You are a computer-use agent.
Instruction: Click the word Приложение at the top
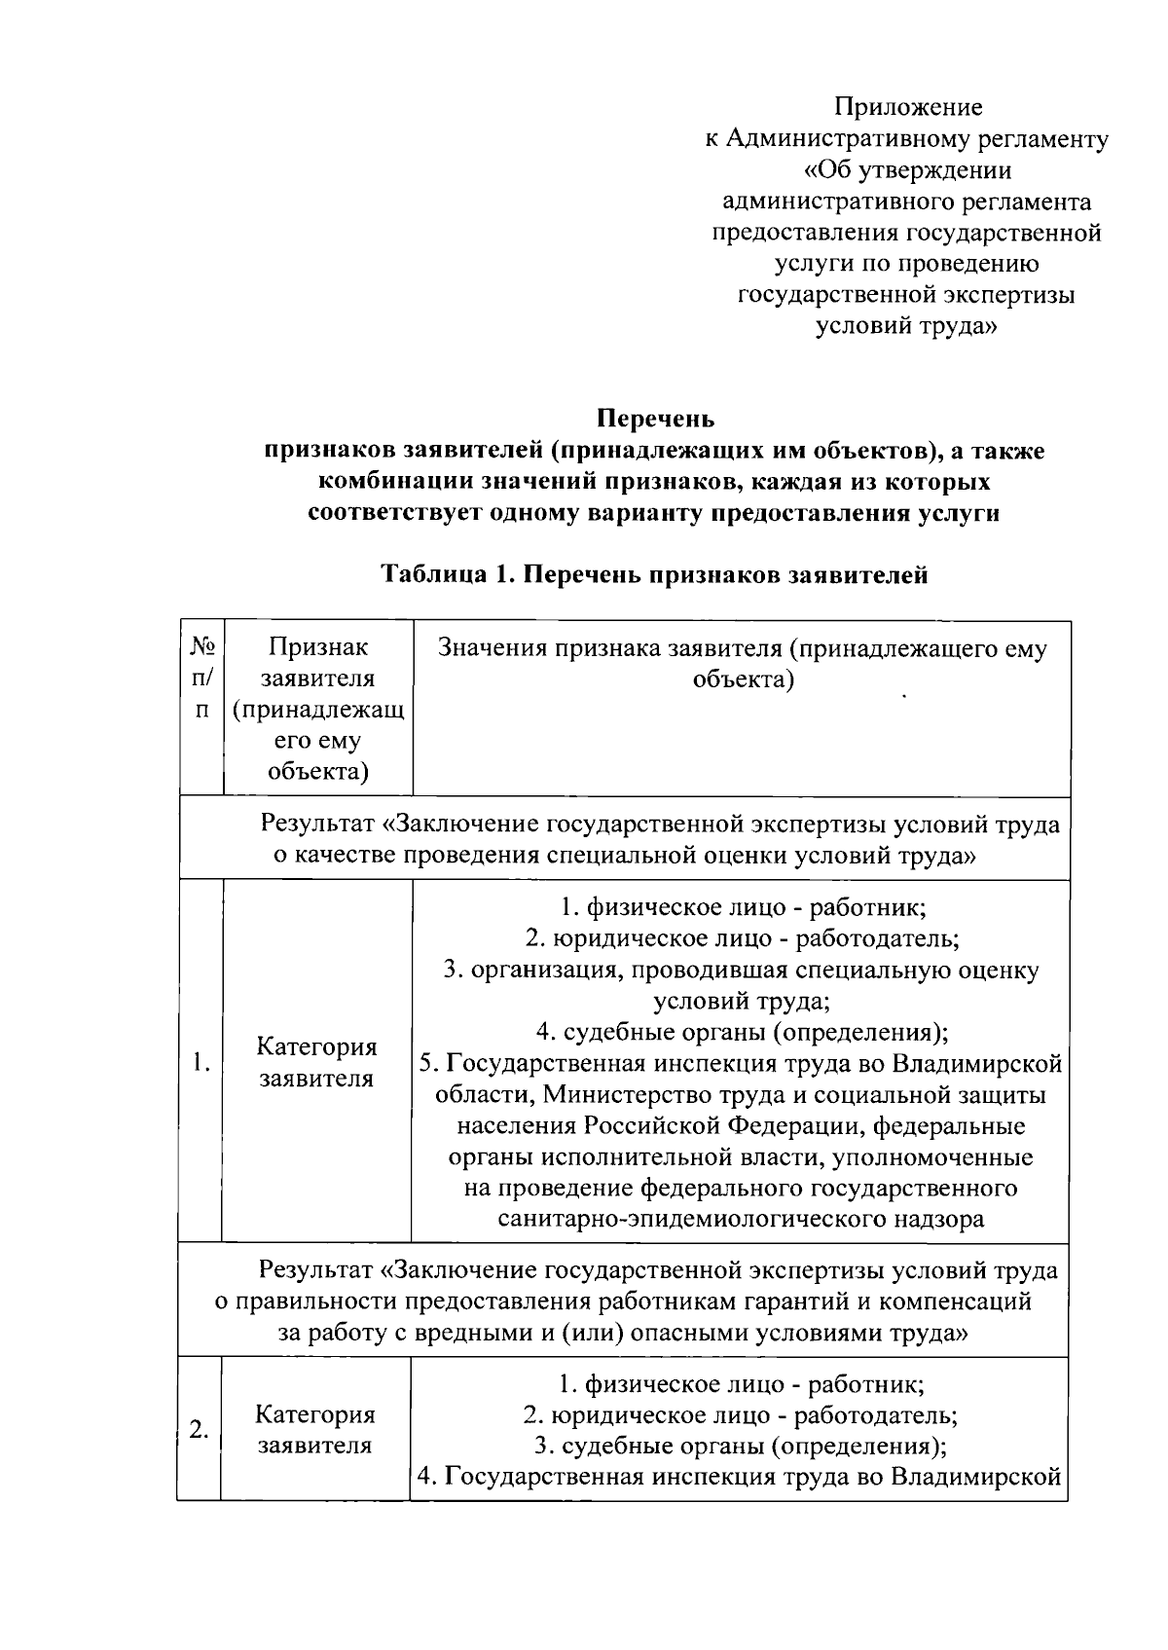[908, 107]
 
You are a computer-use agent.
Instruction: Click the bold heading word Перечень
[655, 419]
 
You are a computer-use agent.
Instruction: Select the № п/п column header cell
[201, 678]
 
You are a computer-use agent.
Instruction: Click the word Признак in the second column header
[318, 646]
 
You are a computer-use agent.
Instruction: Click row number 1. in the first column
[201, 1061]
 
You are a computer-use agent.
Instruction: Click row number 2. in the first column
[200, 1429]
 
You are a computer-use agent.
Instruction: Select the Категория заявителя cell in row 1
[316, 1062]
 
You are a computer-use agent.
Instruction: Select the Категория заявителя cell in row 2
[315, 1429]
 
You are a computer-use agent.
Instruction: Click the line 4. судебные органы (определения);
[742, 1032]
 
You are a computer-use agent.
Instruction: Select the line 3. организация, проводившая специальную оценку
[742, 970]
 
